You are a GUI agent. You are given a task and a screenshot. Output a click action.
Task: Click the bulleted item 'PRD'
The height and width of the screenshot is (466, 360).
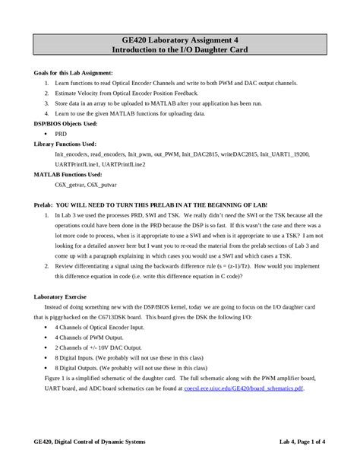click(61, 133)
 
